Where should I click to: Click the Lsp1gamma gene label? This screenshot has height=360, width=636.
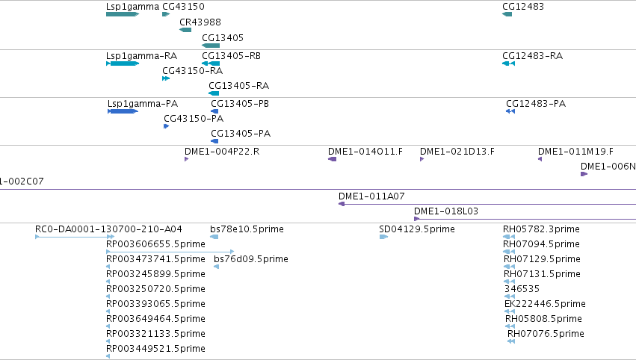pyautogui.click(x=132, y=7)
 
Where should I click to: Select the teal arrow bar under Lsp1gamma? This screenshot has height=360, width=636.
pyautogui.click(x=123, y=14)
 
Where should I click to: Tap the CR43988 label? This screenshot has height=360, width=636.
pyautogui.click(x=200, y=22)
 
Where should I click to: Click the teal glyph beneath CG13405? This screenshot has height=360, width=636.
pyautogui.click(x=211, y=46)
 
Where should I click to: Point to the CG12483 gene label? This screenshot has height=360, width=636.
pyautogui.click(x=523, y=7)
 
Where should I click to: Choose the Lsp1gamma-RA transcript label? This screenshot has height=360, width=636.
pyautogui.click(x=141, y=56)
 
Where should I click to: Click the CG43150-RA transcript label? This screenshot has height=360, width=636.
pyautogui.click(x=193, y=70)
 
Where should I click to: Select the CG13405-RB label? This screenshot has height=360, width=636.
pyautogui.click(x=231, y=55)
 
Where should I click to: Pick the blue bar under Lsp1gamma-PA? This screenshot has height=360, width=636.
pyautogui.click(x=123, y=111)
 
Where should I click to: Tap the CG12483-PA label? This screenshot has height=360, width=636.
pyautogui.click(x=536, y=103)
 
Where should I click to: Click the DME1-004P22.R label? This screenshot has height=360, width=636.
pyautogui.click(x=222, y=151)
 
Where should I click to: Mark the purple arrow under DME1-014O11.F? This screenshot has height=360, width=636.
pyautogui.click(x=332, y=159)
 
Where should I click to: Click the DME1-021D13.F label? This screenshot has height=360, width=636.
pyautogui.click(x=457, y=151)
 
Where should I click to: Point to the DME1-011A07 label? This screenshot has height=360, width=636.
pyautogui.click(x=371, y=196)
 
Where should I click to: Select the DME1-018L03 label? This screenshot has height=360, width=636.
pyautogui.click(x=446, y=211)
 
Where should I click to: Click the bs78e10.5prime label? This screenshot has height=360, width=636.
pyautogui.click(x=247, y=229)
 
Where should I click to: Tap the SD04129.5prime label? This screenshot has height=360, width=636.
pyautogui.click(x=417, y=229)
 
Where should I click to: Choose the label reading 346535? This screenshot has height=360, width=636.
pyautogui.click(x=522, y=288)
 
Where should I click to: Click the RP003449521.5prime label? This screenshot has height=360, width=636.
pyautogui.click(x=155, y=349)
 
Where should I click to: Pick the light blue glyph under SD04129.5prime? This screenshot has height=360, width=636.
pyautogui.click(x=383, y=237)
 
